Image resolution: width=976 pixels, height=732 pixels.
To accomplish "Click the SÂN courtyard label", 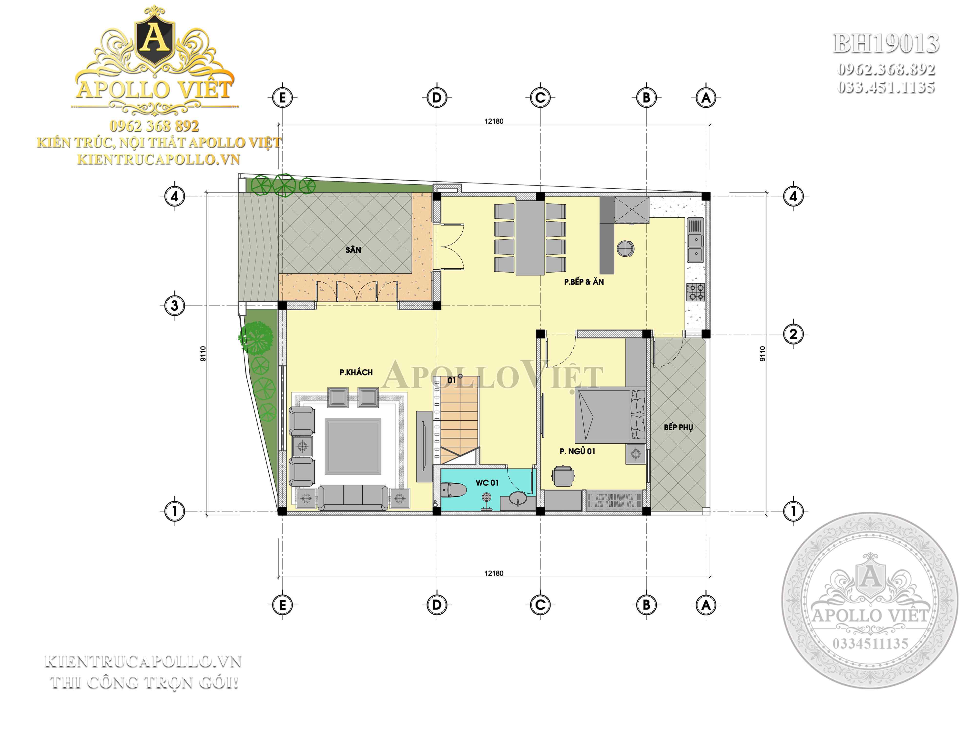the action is [x=353, y=250].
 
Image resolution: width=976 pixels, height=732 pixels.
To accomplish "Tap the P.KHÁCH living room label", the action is [x=356, y=372].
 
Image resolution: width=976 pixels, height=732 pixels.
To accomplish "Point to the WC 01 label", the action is [x=487, y=483].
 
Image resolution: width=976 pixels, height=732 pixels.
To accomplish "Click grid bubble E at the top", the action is [x=282, y=98].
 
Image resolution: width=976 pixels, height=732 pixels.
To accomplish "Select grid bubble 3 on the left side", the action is [x=174, y=305].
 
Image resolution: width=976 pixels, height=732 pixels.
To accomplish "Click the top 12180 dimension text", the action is [x=494, y=121].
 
